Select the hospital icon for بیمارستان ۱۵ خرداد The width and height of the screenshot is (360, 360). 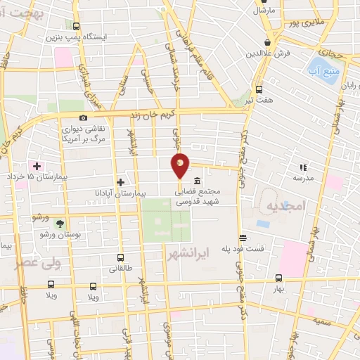click(x=37, y=165)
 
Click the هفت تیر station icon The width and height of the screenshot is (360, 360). click(x=259, y=89)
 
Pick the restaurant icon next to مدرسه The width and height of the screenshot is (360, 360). click(x=303, y=167)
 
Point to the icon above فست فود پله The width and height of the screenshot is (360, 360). click(x=243, y=238)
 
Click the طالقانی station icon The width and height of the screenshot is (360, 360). click(x=121, y=257)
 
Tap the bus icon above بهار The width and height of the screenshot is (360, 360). click(x=278, y=278)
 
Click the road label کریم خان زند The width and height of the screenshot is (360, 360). click(x=144, y=113)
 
